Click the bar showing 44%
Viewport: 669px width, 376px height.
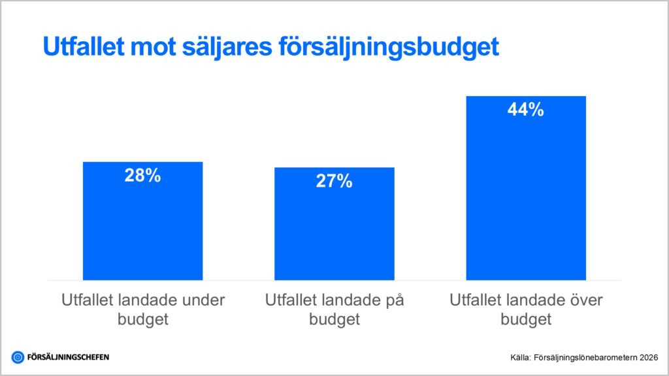[525, 196]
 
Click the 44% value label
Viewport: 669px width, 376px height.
[525, 110]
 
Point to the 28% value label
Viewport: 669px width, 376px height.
[142, 176]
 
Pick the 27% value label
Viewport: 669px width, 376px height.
[334, 181]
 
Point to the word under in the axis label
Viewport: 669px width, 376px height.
[201, 300]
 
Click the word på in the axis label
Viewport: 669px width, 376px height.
[393, 300]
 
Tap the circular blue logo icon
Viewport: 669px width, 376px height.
[18, 357]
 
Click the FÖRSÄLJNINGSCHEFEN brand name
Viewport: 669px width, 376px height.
[68, 357]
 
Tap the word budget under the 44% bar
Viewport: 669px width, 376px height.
[526, 320]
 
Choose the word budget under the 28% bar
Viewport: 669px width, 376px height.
[143, 320]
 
